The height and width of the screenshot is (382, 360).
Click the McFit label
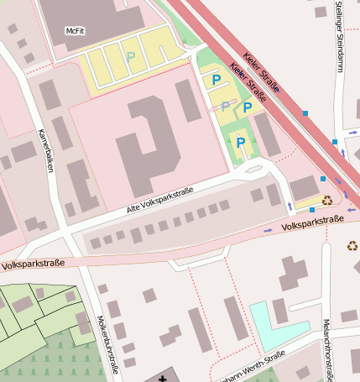coord(76,31)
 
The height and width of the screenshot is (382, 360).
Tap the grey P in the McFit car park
coord(130,57)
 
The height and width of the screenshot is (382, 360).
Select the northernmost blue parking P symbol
coord(216,81)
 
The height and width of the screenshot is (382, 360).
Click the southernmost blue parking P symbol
coord(241,143)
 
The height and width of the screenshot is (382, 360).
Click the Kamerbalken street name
coord(47,151)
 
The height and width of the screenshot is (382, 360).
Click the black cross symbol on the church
coord(162,378)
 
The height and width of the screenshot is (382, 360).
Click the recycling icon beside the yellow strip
coord(326,201)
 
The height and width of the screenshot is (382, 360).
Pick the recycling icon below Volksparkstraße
coord(352,246)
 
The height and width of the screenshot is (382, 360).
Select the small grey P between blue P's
coord(225,105)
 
